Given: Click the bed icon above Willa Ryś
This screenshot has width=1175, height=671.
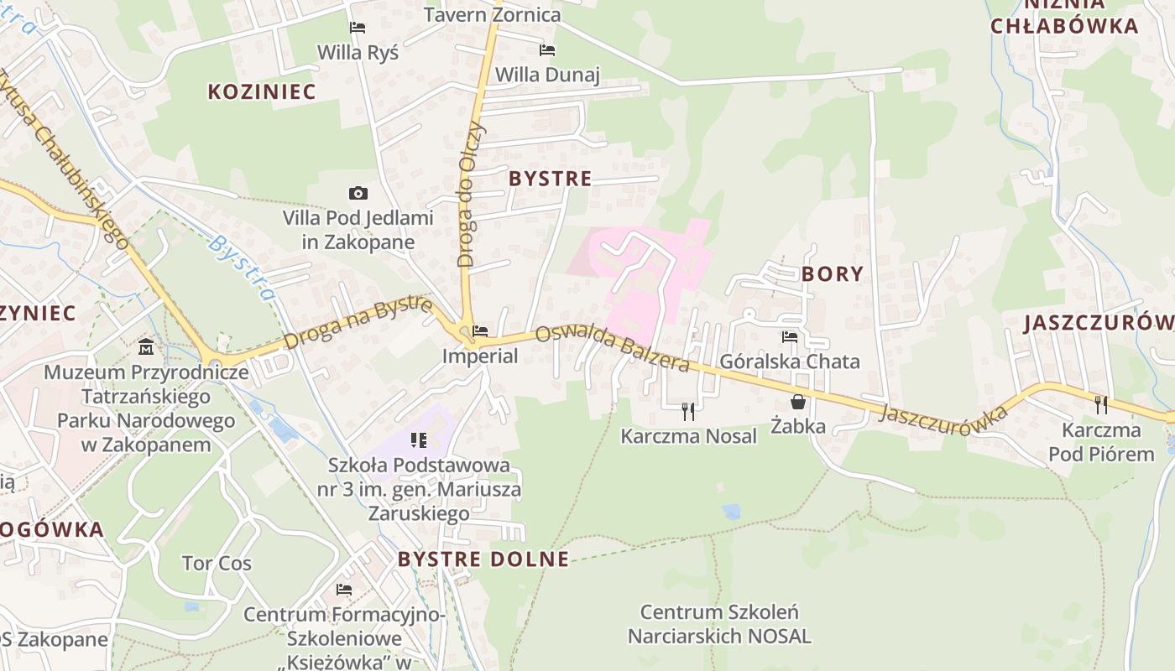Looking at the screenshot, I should [x=358, y=28].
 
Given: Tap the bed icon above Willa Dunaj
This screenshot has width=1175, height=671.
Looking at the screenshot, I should [x=547, y=50].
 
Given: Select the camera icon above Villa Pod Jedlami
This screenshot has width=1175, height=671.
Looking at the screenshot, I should [x=358, y=194].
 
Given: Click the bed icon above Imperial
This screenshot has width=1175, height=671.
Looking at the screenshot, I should [x=480, y=331].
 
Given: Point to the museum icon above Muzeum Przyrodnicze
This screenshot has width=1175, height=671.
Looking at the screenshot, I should [x=146, y=346].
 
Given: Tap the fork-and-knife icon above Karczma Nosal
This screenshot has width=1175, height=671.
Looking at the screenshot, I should [x=688, y=411].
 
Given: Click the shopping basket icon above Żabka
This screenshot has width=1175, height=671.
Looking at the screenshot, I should [x=797, y=402].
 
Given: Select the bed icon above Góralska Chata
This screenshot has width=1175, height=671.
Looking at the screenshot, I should [x=790, y=337].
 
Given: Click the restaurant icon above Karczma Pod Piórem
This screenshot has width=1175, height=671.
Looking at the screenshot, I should [x=1101, y=405].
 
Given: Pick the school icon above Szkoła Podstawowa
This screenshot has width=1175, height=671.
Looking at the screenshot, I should [x=419, y=440].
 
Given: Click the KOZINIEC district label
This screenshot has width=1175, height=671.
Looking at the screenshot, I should [x=262, y=92].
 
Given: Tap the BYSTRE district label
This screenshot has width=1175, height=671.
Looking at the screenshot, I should [x=551, y=179].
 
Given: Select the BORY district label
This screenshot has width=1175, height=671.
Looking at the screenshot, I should [x=833, y=274].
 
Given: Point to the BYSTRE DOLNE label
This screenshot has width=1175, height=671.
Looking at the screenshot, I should [x=483, y=559].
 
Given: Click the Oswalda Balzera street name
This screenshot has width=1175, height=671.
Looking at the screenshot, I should [x=613, y=348].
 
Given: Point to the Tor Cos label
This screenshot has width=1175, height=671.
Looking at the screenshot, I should [x=217, y=563].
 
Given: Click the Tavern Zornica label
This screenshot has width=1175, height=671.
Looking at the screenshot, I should [x=492, y=14].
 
